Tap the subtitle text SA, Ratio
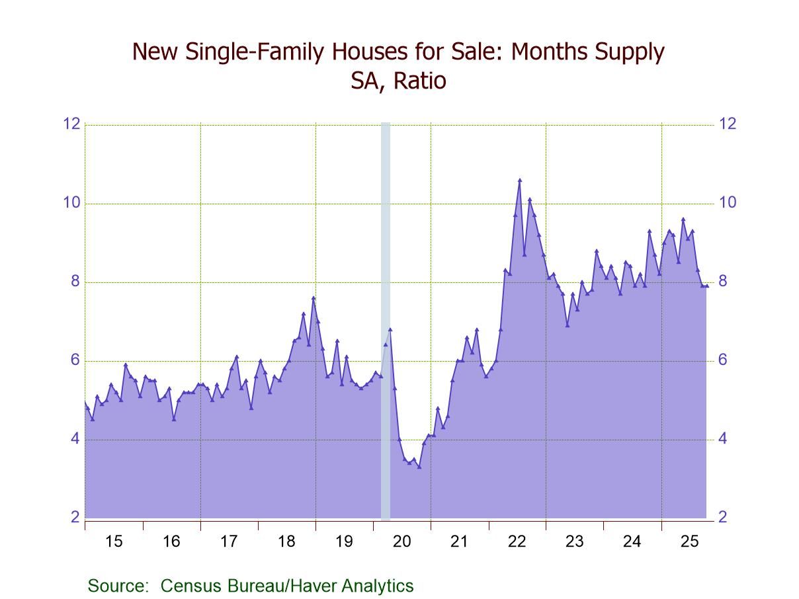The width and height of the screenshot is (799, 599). tap(399, 81)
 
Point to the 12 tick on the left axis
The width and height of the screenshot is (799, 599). tap(71, 124)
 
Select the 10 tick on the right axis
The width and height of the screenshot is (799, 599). tap(728, 203)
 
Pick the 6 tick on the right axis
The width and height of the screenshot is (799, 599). tap(724, 360)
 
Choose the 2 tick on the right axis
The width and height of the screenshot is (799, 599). tap(724, 518)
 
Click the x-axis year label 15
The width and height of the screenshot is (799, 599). tap(114, 542)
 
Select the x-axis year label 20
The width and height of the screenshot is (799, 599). tap(402, 542)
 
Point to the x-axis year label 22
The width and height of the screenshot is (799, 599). tap(517, 542)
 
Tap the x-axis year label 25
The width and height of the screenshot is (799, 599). tap(690, 542)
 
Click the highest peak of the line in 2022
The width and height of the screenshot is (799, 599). tap(520, 180)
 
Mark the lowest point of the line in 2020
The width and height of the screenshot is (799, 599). tap(419, 467)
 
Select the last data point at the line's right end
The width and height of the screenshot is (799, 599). tap(706, 286)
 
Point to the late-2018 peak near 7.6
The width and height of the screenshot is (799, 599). tap(314, 298)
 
